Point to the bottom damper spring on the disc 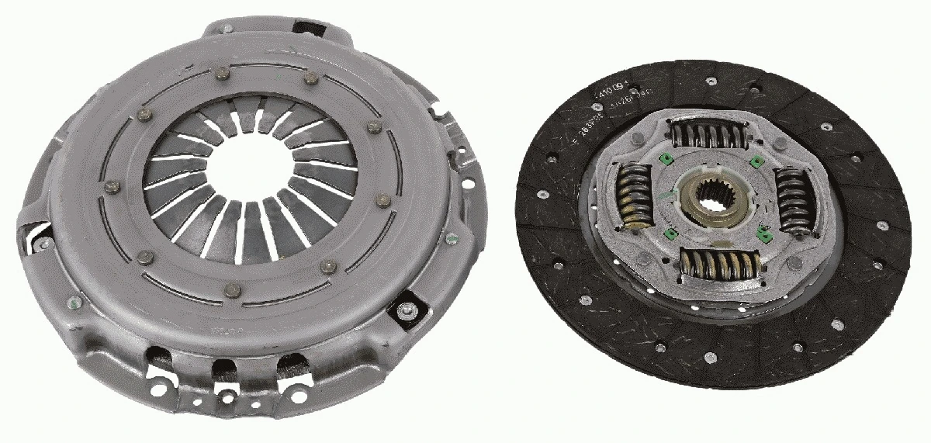(715, 265)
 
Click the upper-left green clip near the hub (664, 161)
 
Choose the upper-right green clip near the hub (755, 162)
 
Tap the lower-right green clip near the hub (762, 230)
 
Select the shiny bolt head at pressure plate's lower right (404, 310)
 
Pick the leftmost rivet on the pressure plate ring (111, 186)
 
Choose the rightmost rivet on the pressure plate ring (382, 201)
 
